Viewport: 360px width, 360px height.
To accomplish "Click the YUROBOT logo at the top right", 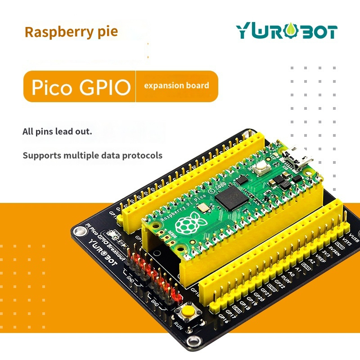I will [287, 31].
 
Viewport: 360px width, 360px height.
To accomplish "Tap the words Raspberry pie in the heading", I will [71, 32].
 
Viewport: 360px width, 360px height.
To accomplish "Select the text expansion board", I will [176, 85].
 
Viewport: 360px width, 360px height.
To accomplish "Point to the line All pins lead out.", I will [57, 132].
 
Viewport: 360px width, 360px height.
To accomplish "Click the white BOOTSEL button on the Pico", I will [261, 170].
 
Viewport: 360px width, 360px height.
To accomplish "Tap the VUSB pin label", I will [354, 238].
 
